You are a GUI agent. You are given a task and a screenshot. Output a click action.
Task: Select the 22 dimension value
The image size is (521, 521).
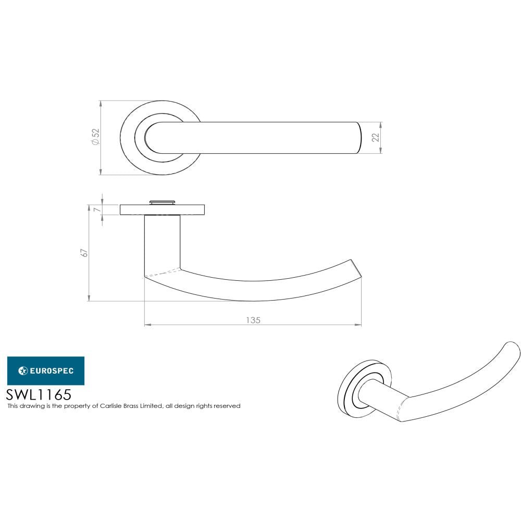pyautogui.click(x=375, y=138)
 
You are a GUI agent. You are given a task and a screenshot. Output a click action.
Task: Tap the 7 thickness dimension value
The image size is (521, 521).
pyautogui.click(x=96, y=209)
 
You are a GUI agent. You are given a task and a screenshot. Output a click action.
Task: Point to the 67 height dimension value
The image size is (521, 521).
pyautogui.click(x=83, y=253)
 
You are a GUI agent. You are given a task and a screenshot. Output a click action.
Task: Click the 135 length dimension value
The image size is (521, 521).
pyautogui.click(x=253, y=320)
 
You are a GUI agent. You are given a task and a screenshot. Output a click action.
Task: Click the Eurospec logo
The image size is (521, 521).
pyautogui.click(x=45, y=370)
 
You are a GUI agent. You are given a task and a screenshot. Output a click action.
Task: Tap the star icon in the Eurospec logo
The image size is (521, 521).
pyautogui.click(x=23, y=371)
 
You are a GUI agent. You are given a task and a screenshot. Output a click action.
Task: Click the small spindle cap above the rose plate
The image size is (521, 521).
pyautogui.click(x=162, y=202)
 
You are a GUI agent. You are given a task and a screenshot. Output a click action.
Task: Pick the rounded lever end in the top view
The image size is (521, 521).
pyautogui.click(x=357, y=138)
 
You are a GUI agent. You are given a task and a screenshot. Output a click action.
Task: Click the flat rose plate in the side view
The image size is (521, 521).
pyautogui.click(x=162, y=209)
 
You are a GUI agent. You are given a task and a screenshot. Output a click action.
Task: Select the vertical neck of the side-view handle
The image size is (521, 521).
pyautogui.click(x=162, y=242)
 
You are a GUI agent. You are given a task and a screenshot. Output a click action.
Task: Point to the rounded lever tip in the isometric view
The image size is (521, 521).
pyautogui.click(x=512, y=350)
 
